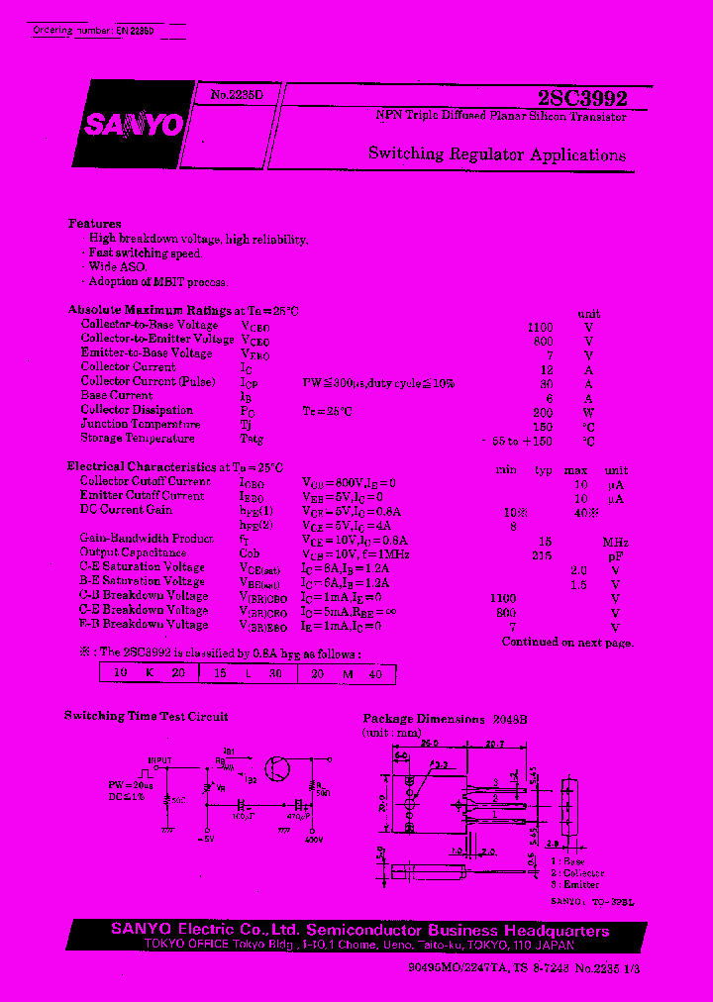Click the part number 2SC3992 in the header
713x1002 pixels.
point(582,100)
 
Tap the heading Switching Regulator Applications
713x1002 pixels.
point(497,154)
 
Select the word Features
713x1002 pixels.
point(95,224)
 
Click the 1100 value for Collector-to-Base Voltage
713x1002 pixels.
point(540,326)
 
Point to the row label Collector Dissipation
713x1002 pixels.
point(137,410)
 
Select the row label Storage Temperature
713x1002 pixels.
point(137,439)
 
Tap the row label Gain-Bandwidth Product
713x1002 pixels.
point(147,539)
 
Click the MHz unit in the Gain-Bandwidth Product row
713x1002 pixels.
point(616,543)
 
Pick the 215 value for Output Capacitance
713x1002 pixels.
point(541,554)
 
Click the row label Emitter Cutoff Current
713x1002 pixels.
point(142,496)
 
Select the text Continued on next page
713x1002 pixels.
point(567,642)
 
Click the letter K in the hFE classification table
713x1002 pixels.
point(149,674)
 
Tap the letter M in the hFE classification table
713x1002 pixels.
point(347,674)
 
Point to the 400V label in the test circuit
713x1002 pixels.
point(316,839)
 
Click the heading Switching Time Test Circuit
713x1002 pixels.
point(146,716)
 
